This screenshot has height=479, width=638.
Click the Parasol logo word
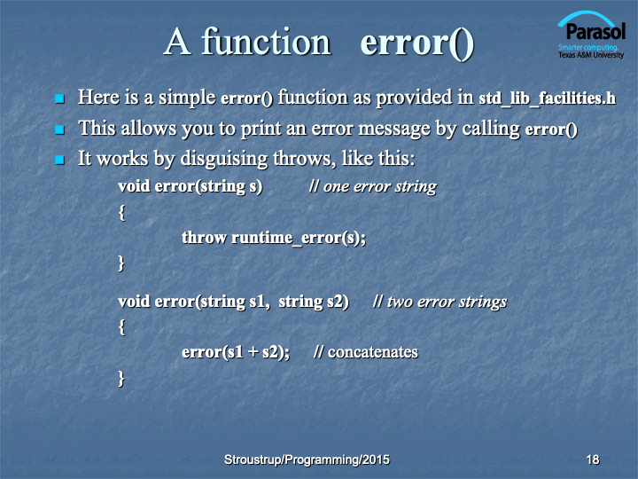click(595, 31)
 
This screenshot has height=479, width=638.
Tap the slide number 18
click(593, 459)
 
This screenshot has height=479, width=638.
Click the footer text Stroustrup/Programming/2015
click(307, 459)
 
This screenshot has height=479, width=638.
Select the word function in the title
click(266, 42)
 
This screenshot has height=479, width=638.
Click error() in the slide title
click(417, 43)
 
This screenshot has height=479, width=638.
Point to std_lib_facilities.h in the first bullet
click(548, 98)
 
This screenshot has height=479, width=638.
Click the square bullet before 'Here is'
click(60, 98)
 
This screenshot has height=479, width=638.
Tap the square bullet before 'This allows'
click(60, 130)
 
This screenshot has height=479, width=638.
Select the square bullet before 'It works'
click(60, 160)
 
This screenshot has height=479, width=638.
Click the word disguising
click(224, 160)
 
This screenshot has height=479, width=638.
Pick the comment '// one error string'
click(373, 186)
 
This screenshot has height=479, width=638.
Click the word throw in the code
click(204, 238)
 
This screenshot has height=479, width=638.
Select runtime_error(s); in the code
click(299, 238)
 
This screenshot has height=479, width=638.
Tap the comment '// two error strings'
click(440, 302)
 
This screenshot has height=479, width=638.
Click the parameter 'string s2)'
click(314, 302)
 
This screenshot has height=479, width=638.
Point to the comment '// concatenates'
click(366, 352)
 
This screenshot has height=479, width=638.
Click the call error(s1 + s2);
click(236, 352)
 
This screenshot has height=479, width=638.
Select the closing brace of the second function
click(121, 379)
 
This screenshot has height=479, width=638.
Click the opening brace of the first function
click(121, 213)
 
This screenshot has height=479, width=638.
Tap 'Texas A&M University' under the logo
click(591, 55)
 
